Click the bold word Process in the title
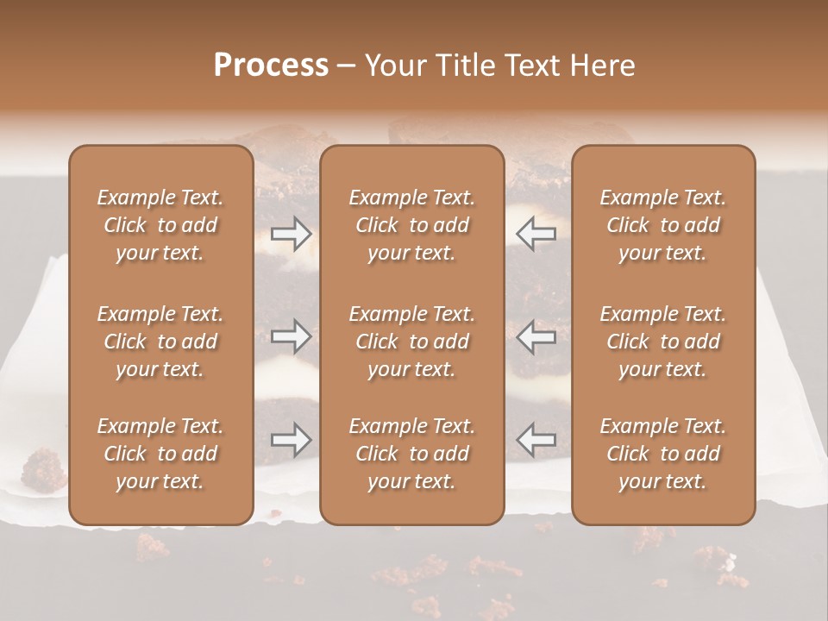(x=271, y=66)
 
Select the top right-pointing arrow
(x=291, y=233)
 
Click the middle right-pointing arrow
(x=291, y=336)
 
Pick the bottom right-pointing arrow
(x=291, y=440)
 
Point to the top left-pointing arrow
(x=536, y=233)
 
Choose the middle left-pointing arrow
(x=536, y=336)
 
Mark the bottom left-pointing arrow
(x=536, y=440)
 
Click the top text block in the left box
(x=160, y=225)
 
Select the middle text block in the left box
(x=160, y=342)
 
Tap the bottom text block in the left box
(x=160, y=454)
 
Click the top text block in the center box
(x=411, y=225)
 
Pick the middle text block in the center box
(x=411, y=342)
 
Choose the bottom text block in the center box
(x=411, y=454)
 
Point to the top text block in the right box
(x=662, y=225)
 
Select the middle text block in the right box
(x=662, y=342)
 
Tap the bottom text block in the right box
(x=662, y=454)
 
